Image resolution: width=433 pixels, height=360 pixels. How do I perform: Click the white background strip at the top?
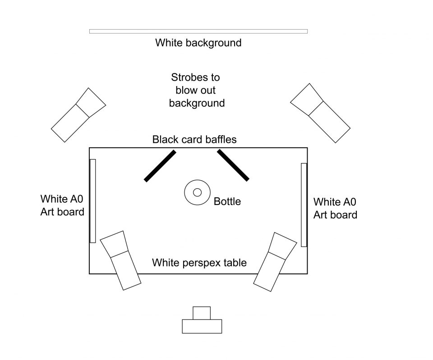pyautogui.click(x=198, y=32)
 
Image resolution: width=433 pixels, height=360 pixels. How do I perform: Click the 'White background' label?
pyautogui.click(x=198, y=43)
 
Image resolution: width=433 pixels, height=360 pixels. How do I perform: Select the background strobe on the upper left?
pyautogui.click(x=78, y=115)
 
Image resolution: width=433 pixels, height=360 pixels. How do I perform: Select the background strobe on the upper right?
pyautogui.click(x=320, y=113)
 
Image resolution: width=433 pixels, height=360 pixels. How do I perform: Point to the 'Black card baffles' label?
pyautogui.click(x=194, y=140)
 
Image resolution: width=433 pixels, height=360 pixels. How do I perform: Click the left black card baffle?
pyautogui.click(x=160, y=166)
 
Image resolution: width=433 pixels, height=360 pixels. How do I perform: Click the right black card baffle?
pyautogui.click(x=233, y=165)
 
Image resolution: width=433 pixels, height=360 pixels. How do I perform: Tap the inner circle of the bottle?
pyautogui.click(x=197, y=192)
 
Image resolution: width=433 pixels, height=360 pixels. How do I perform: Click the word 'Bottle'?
pyautogui.click(x=227, y=202)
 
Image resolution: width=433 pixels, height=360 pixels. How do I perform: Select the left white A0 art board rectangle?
pyautogui.click(x=93, y=201)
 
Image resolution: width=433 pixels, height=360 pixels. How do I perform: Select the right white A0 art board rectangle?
pyautogui.click(x=304, y=205)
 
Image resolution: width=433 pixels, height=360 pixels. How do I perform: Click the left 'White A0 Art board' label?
pyautogui.click(x=62, y=205)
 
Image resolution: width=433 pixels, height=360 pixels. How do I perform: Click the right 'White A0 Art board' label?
pyautogui.click(x=335, y=209)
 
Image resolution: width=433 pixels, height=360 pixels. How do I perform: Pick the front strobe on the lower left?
pyautogui.click(x=120, y=260)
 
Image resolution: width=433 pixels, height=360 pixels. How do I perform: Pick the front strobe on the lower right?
pyautogui.click(x=275, y=262)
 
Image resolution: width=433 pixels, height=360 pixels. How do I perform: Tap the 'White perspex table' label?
pyautogui.click(x=199, y=263)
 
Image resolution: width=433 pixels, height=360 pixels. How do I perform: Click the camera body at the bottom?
pyautogui.click(x=202, y=326)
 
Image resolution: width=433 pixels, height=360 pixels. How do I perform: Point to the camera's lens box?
pyautogui.click(x=202, y=313)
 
